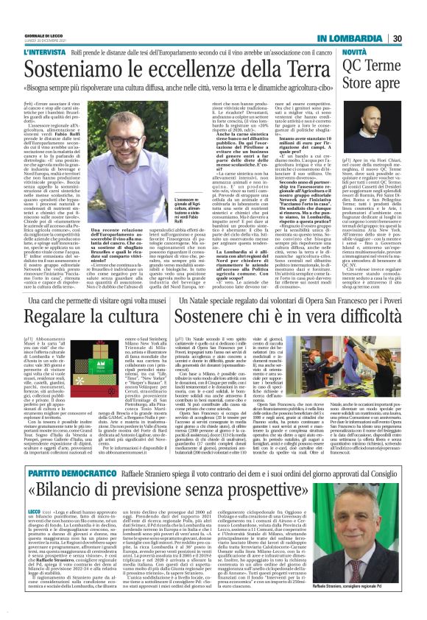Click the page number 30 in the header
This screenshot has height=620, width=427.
(x=396, y=38)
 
